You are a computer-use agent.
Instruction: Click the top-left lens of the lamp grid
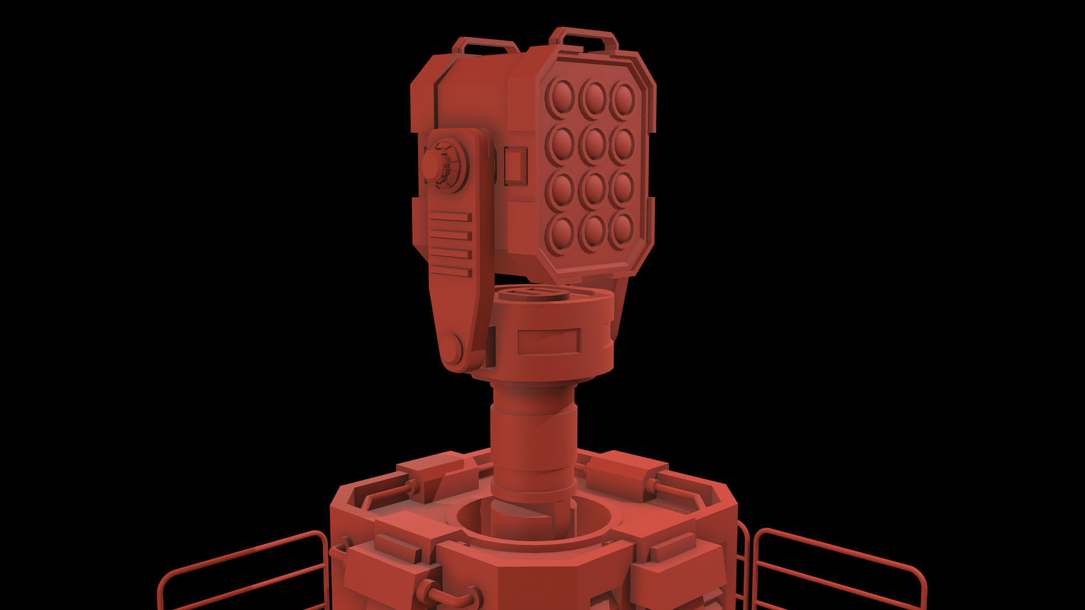click(x=561, y=97)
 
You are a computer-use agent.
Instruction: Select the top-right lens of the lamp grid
click(x=623, y=98)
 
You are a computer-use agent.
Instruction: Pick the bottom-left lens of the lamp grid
click(x=561, y=232)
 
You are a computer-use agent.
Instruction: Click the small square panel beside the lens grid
click(x=515, y=165)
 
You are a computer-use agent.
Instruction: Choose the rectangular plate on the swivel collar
click(x=549, y=341)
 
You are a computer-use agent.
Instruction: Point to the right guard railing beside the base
click(x=836, y=568)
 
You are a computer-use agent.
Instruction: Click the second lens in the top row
click(x=593, y=97)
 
